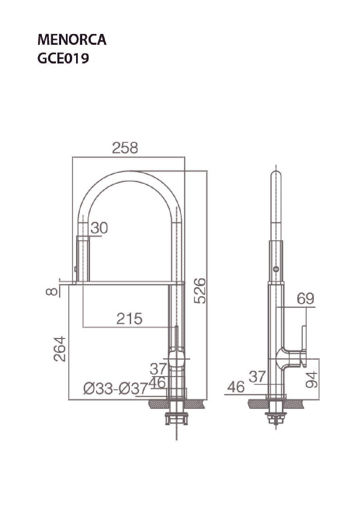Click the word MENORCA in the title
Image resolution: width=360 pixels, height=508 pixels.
tap(72, 40)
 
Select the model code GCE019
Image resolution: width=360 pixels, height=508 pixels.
tap(63, 58)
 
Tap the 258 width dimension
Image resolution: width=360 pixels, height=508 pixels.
tap(125, 148)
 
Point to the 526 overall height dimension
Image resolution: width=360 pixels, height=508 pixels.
tap(200, 290)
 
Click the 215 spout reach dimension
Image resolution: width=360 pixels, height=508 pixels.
tap(129, 318)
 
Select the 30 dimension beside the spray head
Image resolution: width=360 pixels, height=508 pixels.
tap(99, 228)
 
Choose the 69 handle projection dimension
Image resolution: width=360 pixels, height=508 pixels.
tap(306, 298)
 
